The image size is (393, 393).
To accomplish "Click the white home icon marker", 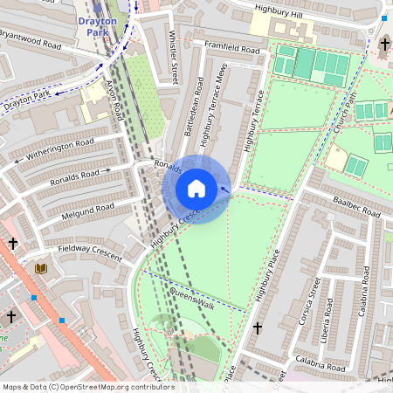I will (196, 188).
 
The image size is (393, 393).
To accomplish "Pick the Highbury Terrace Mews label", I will (212, 103).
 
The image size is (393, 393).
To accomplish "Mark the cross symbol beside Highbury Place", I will (258, 327).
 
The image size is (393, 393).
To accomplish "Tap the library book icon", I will (40, 268).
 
